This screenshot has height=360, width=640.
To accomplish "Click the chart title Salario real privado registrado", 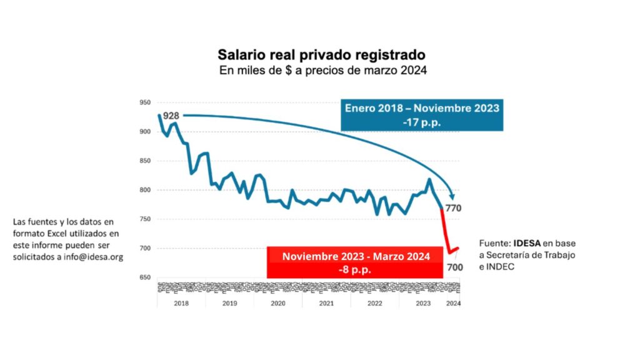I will pyautogui.click(x=322, y=55).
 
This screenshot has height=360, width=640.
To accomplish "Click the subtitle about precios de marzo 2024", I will pyautogui.click(x=322, y=70).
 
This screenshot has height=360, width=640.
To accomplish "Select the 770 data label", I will pyautogui.click(x=453, y=208).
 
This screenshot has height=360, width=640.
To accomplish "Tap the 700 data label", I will pyautogui.click(x=454, y=267).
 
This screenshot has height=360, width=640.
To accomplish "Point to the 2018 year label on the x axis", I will pyautogui.click(x=181, y=303).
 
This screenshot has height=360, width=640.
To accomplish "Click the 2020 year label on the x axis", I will pyautogui.click(x=277, y=303).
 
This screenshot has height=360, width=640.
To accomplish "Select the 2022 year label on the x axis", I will pyautogui.click(x=374, y=303).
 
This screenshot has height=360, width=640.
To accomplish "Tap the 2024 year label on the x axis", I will pyautogui.click(x=453, y=303).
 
